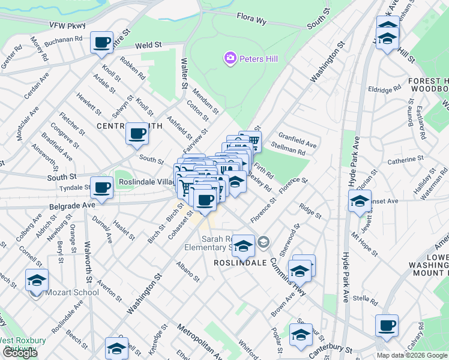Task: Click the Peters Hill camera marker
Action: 230,58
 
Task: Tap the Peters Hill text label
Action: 259,59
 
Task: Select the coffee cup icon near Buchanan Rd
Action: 102,43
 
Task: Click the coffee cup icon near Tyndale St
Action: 102,187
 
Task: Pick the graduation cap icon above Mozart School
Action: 37,280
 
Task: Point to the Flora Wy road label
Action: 252,20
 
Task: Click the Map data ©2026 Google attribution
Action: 412,355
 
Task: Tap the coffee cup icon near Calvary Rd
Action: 387,325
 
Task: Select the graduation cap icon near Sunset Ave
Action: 360,202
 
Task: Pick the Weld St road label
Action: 149,45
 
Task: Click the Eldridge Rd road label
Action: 385,89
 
